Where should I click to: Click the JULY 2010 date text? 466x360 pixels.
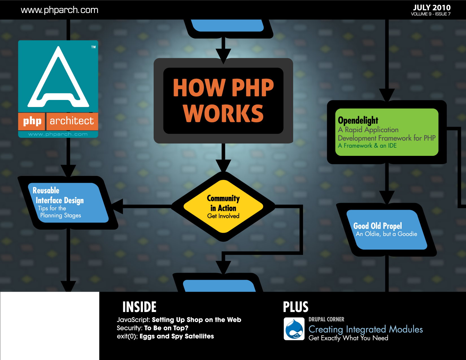(x=432, y=8)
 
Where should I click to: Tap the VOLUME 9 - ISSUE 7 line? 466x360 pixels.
(x=431, y=14)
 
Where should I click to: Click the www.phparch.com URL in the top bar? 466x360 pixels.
(x=59, y=10)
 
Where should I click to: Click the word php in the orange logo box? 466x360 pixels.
(x=32, y=121)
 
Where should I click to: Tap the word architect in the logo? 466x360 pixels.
(x=72, y=121)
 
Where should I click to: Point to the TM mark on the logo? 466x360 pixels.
(x=93, y=47)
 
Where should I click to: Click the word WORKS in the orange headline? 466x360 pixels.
(x=223, y=113)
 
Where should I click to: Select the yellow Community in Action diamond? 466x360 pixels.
(x=223, y=206)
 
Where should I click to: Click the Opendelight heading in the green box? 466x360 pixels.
(x=358, y=120)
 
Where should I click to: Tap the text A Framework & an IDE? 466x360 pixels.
(x=367, y=146)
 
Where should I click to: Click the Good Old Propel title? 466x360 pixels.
(x=377, y=226)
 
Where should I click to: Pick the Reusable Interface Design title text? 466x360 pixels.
(x=58, y=196)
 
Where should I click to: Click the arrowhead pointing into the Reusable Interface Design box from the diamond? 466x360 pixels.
(x=117, y=206)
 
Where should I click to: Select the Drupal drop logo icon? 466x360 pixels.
(x=294, y=329)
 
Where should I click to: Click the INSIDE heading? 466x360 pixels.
(x=140, y=307)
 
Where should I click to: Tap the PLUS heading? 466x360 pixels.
(x=295, y=307)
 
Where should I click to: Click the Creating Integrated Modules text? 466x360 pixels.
(x=365, y=330)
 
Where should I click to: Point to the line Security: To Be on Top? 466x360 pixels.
(x=153, y=328)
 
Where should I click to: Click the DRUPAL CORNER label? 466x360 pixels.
(x=326, y=319)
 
